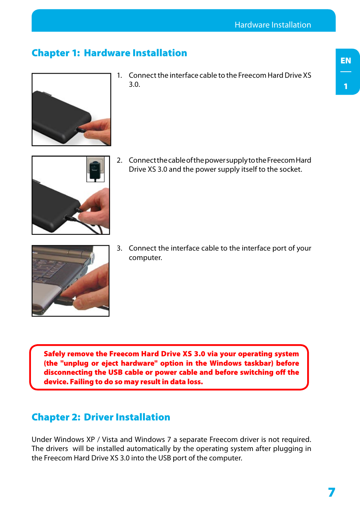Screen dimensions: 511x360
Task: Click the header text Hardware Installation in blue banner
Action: (x=272, y=25)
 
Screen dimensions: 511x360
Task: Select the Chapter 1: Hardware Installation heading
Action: (x=109, y=53)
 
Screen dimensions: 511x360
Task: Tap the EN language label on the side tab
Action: (x=345, y=61)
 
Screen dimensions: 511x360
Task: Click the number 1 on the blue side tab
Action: (x=345, y=86)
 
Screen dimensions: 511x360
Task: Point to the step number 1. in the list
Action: (x=119, y=75)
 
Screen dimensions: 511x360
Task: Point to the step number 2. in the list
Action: (x=119, y=160)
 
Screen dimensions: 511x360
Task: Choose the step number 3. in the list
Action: (x=119, y=248)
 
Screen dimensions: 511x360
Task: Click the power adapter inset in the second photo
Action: (x=95, y=169)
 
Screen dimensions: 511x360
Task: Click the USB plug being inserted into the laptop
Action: (x=64, y=301)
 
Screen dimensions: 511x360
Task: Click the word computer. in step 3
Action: (x=145, y=258)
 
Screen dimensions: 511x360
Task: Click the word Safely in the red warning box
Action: (x=54, y=354)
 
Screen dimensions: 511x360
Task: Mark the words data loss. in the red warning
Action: (x=186, y=382)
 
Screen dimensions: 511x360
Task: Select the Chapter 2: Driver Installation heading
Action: (x=101, y=417)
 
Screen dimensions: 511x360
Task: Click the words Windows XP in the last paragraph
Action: (x=74, y=440)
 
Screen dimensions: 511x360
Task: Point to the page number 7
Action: (x=331, y=492)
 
